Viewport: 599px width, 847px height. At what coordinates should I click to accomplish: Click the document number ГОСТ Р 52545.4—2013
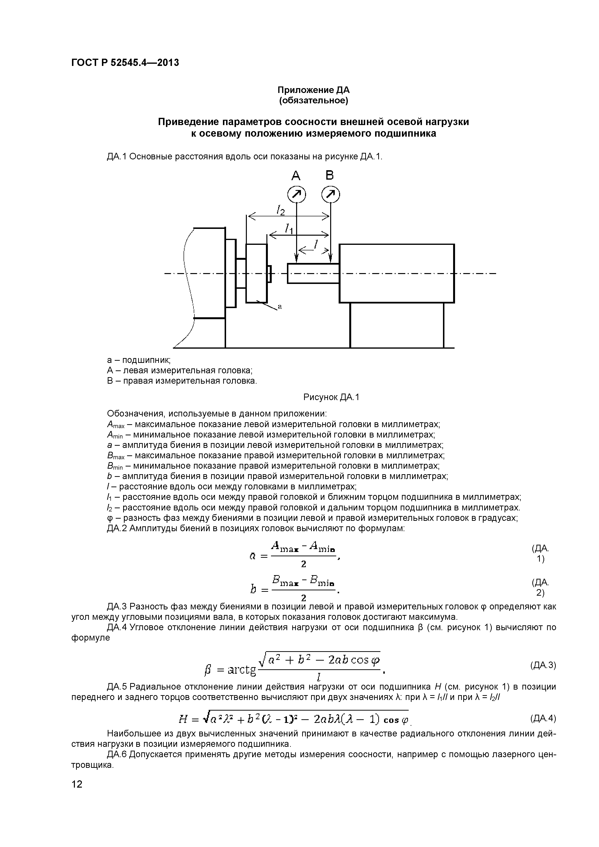coord(125,63)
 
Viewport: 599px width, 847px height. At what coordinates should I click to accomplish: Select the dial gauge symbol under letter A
coord(297,194)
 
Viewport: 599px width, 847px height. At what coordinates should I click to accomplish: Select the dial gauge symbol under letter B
coord(331,194)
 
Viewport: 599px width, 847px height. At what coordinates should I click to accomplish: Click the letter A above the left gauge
coord(296,176)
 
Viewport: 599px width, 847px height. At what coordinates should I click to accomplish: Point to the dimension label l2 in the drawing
coord(281,211)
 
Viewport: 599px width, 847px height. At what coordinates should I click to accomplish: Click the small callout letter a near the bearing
coord(279,306)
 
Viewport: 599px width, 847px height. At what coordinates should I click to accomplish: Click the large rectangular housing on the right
coord(397,273)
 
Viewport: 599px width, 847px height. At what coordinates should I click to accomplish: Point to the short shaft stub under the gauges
coord(313,273)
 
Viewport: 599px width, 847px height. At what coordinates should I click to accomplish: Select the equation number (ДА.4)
coord(543,718)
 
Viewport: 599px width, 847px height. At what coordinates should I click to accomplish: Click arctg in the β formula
coord(242,670)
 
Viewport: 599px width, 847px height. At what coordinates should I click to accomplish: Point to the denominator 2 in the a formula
coord(303,564)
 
